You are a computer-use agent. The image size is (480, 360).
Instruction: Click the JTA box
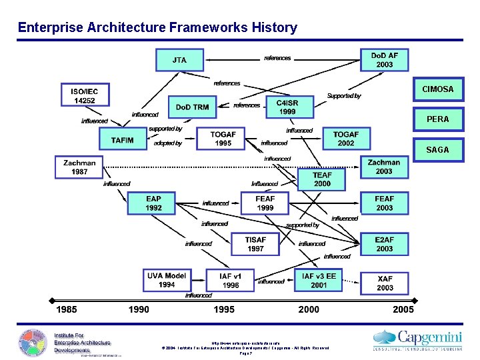[179, 60]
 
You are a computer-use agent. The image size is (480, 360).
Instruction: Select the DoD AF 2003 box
[384, 60]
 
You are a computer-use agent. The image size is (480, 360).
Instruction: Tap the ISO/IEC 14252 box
[84, 95]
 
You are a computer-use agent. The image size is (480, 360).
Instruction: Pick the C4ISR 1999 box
[287, 107]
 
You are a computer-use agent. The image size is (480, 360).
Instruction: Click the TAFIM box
[123, 140]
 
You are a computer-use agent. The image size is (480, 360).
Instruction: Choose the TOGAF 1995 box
[223, 139]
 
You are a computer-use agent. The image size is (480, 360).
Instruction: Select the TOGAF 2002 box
[346, 139]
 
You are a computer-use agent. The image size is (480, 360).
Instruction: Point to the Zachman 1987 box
[79, 167]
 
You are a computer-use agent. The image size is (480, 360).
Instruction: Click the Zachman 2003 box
[384, 167]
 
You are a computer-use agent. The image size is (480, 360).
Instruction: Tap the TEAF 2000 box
[322, 179]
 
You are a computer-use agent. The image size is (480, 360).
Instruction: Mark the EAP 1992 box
[153, 203]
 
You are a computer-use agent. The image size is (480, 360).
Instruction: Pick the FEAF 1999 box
[265, 203]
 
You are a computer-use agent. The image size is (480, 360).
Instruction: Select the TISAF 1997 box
[255, 244]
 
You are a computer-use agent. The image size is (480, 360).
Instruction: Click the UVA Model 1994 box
[167, 280]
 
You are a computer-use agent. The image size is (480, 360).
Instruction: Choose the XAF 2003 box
[385, 283]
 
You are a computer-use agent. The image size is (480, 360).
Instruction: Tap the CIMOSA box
[437, 89]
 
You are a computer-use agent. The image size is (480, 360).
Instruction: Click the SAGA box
[437, 150]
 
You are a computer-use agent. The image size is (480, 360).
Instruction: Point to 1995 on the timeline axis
[224, 309]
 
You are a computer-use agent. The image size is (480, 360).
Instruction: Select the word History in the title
[275, 27]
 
